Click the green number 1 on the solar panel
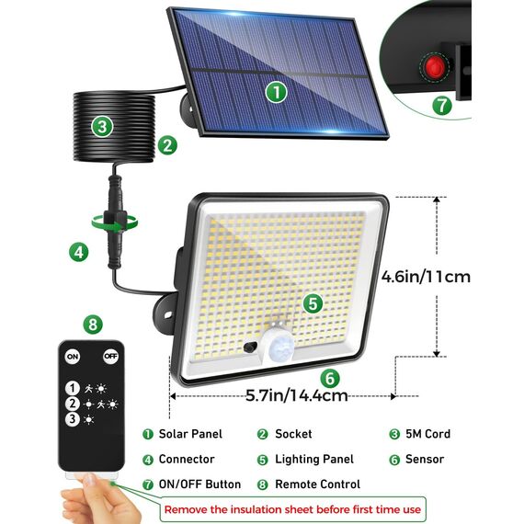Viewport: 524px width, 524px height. pos(277,91)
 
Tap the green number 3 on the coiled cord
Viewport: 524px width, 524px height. pos(102,127)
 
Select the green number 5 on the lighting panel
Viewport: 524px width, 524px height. pos(313,302)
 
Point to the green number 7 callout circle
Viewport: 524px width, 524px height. pos(443,105)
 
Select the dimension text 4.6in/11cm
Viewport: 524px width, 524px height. pos(427,275)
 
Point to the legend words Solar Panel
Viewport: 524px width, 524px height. pos(190,434)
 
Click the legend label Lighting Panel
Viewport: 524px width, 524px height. pos(313,459)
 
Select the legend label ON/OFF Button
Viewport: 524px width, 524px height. pos(199,484)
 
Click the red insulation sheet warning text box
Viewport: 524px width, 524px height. pos(293,508)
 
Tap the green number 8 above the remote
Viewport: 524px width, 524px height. pos(91,324)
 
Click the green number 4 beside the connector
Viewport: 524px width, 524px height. pos(80,250)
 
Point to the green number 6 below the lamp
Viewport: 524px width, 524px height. pos(329,377)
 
